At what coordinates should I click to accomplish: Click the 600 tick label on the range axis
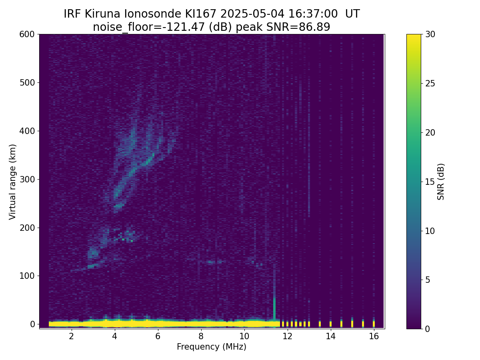(x=27, y=34)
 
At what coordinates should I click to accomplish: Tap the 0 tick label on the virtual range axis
(x=32, y=324)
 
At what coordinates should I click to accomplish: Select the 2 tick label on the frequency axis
(x=72, y=336)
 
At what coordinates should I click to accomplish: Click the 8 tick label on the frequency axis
(x=201, y=336)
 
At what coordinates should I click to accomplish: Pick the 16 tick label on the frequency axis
(x=374, y=336)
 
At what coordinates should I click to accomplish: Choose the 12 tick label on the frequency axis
(x=288, y=336)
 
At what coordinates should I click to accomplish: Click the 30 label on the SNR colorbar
(x=430, y=34)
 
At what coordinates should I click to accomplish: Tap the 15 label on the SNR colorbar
(x=430, y=182)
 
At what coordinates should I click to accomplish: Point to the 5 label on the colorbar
(x=428, y=280)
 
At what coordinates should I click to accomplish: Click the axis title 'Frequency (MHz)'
(x=212, y=347)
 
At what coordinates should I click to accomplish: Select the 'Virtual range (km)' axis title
(x=12, y=182)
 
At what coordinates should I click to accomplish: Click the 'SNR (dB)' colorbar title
(x=441, y=182)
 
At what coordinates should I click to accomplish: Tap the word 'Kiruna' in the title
(x=102, y=14)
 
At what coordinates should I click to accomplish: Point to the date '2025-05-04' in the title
(x=252, y=14)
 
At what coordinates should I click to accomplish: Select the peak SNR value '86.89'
(x=314, y=27)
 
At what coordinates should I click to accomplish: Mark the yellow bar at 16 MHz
(x=374, y=324)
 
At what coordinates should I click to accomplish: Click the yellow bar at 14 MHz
(x=331, y=324)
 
